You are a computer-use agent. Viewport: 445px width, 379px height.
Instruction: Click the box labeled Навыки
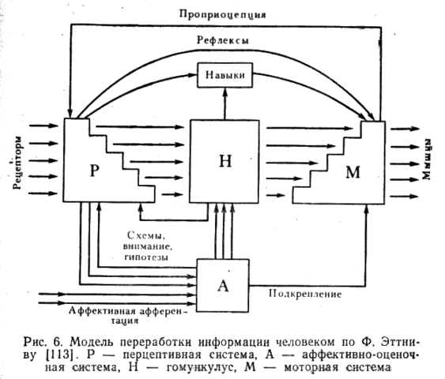tap(224, 75)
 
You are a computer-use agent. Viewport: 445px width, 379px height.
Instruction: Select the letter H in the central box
tap(225, 161)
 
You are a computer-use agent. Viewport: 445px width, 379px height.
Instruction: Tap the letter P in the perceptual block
tap(95, 171)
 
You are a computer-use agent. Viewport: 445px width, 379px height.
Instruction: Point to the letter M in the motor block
tap(353, 172)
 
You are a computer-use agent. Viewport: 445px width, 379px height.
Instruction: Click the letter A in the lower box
tap(223, 286)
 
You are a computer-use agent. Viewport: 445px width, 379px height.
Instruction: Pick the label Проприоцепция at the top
tap(223, 14)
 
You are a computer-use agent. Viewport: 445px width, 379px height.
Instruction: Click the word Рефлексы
tap(223, 40)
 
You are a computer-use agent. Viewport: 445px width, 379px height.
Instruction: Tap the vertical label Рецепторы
tap(17, 163)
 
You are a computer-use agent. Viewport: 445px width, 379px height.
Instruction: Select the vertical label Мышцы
tap(427, 159)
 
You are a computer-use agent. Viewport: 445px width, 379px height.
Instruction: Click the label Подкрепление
tap(305, 294)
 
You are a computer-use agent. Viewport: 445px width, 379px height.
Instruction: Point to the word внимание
tap(148, 246)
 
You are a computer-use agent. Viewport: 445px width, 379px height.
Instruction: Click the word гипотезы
tap(146, 257)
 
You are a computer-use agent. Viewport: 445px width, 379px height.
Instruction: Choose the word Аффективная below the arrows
tap(102, 311)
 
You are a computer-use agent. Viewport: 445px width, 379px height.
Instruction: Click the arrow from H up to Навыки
tap(225, 103)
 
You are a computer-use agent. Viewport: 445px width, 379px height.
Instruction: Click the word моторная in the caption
tap(311, 367)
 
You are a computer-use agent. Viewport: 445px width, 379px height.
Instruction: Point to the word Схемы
tap(146, 235)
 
